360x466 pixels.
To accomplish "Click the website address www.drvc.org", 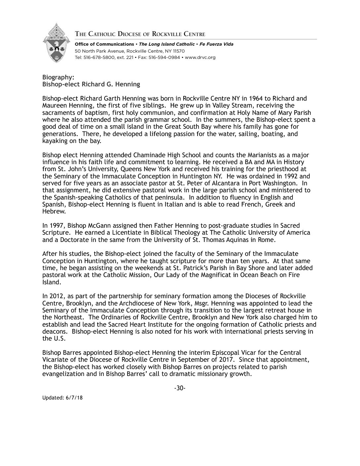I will coord(200,57).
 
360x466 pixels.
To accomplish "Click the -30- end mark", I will coord(180,388).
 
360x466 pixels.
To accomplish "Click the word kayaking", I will coord(55,141).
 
